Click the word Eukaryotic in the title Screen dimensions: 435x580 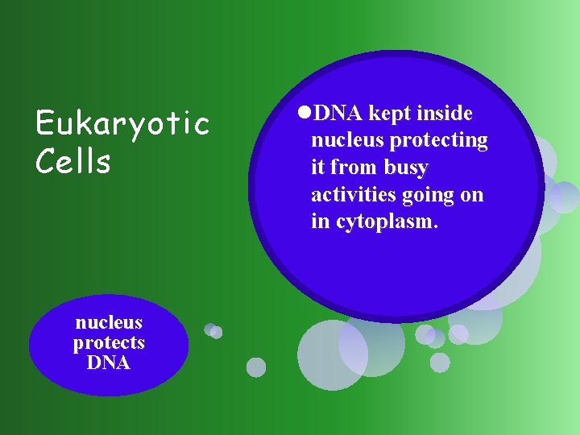coord(122,125)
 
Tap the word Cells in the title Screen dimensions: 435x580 coord(73,161)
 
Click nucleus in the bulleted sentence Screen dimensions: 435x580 coord(347,141)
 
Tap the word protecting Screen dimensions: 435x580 coord(438,141)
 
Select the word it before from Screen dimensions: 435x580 coord(318,168)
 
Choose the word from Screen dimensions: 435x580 coord(354,168)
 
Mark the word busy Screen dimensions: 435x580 coord(407,168)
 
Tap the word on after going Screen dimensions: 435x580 coord(472,196)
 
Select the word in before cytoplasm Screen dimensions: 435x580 coord(320,222)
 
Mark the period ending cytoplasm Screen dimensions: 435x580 coord(436,227)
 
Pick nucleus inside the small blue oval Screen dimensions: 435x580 coord(109,322)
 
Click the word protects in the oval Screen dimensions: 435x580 coord(109,342)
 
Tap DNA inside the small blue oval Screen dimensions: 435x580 coord(109,362)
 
